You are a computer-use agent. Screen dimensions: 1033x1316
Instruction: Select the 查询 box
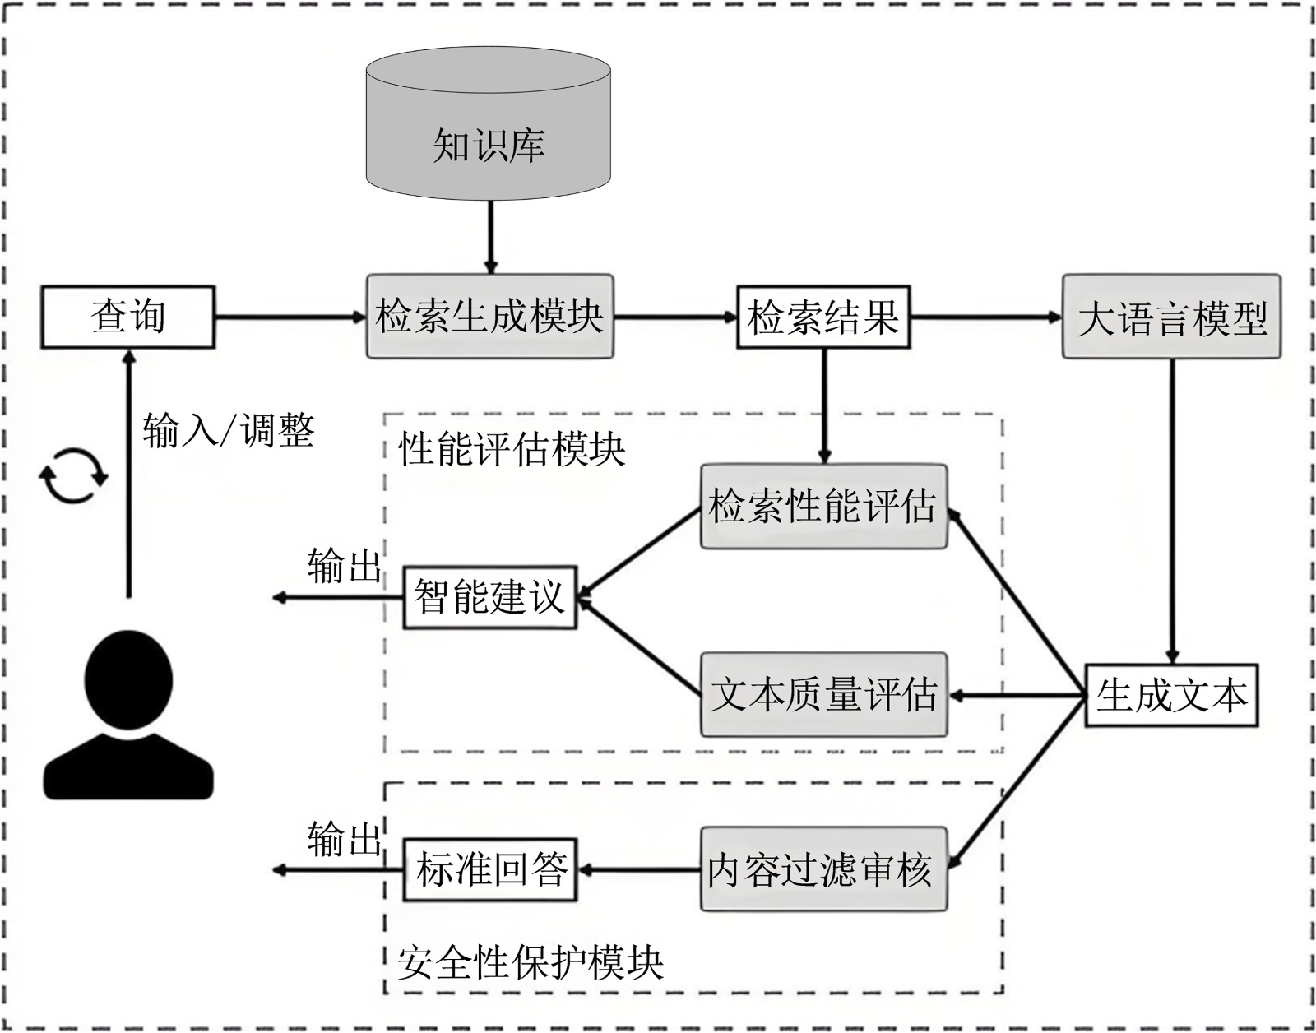coord(128,317)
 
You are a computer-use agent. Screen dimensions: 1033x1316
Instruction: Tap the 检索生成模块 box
coord(489,317)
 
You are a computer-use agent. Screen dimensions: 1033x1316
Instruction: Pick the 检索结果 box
coord(823,317)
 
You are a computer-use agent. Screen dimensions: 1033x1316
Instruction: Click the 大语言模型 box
coord(1171,317)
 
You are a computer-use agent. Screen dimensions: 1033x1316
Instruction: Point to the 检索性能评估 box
coord(823,507)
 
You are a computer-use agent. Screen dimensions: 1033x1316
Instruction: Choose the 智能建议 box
coord(489,597)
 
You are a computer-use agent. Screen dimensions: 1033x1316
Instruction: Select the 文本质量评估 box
coord(823,695)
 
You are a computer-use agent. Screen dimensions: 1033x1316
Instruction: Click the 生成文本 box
coord(1171,696)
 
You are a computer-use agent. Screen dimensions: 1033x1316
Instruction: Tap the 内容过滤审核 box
coord(823,869)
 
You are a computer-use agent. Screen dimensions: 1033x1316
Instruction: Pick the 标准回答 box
coord(489,869)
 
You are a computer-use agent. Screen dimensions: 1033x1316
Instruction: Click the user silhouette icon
coord(128,716)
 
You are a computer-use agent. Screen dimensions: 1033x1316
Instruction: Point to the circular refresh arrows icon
coord(74,475)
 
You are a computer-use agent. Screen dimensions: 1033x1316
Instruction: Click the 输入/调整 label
coord(229,429)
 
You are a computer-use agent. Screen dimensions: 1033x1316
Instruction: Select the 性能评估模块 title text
coord(512,450)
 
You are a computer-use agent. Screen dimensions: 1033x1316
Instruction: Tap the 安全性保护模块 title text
coord(531,962)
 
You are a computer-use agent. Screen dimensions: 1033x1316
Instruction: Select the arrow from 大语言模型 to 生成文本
coord(1172,510)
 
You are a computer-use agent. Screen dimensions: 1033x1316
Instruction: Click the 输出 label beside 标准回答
coord(344,839)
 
